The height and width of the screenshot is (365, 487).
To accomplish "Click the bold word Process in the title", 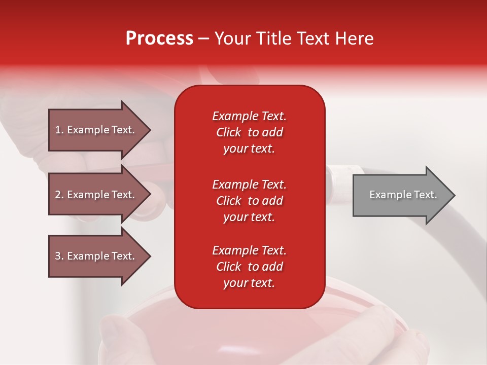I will point(159,39).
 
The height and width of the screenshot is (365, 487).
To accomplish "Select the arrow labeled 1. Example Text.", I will point(96,130).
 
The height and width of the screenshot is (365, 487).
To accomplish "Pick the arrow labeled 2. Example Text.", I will point(96,195).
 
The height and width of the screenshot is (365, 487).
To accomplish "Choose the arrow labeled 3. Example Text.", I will point(96,256).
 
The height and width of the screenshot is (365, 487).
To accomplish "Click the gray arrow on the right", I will point(401,195).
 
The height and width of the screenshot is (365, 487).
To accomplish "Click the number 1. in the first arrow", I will point(59,130).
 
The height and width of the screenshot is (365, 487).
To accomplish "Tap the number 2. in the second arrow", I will point(59,195).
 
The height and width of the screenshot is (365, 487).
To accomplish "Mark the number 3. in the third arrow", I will point(59,256).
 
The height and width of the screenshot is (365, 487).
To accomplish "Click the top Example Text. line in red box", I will point(249,116).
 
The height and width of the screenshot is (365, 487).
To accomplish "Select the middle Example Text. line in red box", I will point(249,184).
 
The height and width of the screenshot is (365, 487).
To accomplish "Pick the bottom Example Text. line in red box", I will point(249,250).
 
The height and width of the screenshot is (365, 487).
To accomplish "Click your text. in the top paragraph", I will point(249,149).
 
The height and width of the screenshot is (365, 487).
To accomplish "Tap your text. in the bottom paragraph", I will point(249,283).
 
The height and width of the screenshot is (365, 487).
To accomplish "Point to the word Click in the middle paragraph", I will point(229,201).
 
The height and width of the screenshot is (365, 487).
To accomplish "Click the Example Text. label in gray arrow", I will point(403,195).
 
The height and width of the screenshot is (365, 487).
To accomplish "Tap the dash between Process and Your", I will point(203,39).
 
